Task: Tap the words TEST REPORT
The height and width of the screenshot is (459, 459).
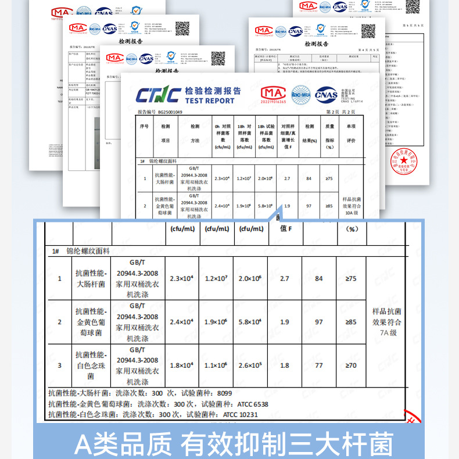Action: (209, 101)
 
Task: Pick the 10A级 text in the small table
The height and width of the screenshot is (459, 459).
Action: (353, 213)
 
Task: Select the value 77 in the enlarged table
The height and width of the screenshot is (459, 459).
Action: (318, 365)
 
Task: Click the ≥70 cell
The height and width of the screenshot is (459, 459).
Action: (351, 365)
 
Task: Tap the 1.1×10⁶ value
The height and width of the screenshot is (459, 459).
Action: (217, 365)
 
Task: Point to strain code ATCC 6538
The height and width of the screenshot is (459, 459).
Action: (253, 404)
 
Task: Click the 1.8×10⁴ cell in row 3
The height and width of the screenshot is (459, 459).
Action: (181, 365)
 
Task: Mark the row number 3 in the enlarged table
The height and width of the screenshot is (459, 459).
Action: (59, 365)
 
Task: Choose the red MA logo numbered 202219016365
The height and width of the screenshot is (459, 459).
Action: (274, 94)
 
